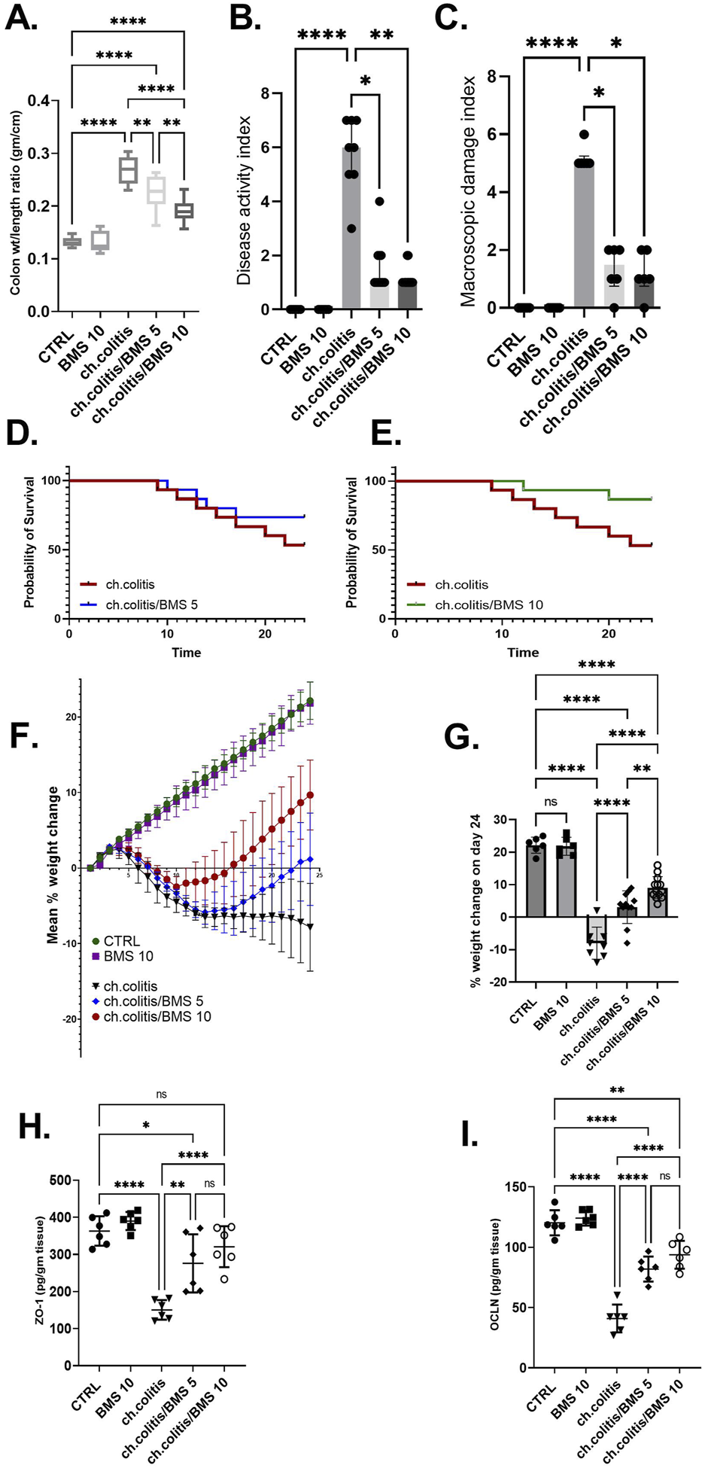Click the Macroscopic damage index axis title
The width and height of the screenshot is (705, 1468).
(468, 191)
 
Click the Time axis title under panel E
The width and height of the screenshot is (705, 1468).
(523, 652)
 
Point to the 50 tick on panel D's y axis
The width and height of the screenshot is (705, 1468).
(55, 550)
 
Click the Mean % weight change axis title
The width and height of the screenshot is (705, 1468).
(53, 866)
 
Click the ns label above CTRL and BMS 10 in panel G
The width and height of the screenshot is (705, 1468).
(551, 802)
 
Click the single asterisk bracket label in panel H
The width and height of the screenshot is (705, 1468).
(147, 1125)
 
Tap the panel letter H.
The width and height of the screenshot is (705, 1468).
(35, 1127)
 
